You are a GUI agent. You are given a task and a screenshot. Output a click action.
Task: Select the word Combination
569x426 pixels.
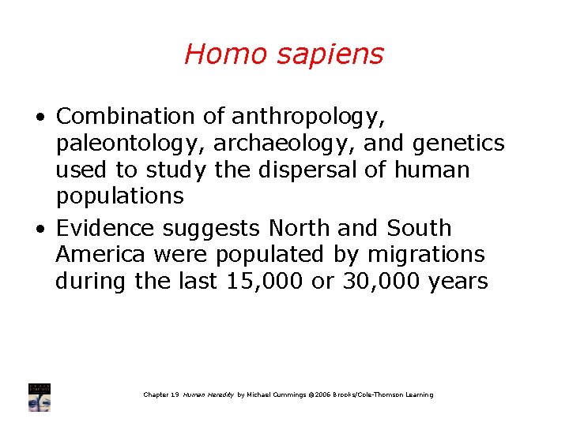(126, 117)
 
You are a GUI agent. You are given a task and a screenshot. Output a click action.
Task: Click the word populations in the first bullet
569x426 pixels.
(119, 196)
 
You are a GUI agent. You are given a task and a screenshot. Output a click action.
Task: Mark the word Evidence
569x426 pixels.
(106, 229)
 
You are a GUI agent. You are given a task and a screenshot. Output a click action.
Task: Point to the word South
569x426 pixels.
(420, 229)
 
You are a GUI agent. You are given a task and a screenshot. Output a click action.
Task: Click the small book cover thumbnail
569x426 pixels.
(39, 398)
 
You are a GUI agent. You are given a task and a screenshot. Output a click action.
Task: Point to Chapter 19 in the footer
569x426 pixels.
(161, 394)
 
